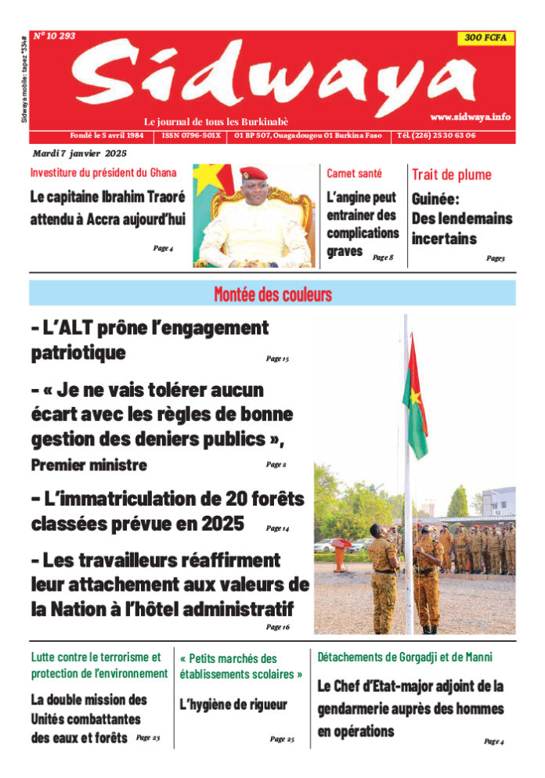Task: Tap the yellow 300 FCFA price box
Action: (485, 38)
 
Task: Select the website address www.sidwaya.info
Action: (470, 117)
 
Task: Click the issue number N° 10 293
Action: (54, 36)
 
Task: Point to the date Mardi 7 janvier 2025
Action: (79, 153)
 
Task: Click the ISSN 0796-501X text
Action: (190, 135)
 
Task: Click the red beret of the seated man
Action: (254, 173)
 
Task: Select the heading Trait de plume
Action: (451, 174)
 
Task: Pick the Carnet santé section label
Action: (353, 173)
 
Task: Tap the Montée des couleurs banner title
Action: (272, 294)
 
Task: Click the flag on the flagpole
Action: (416, 398)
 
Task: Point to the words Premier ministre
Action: (89, 465)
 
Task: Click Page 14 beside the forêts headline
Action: (277, 528)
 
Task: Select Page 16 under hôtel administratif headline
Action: (277, 627)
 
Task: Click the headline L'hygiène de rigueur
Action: (233, 704)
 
